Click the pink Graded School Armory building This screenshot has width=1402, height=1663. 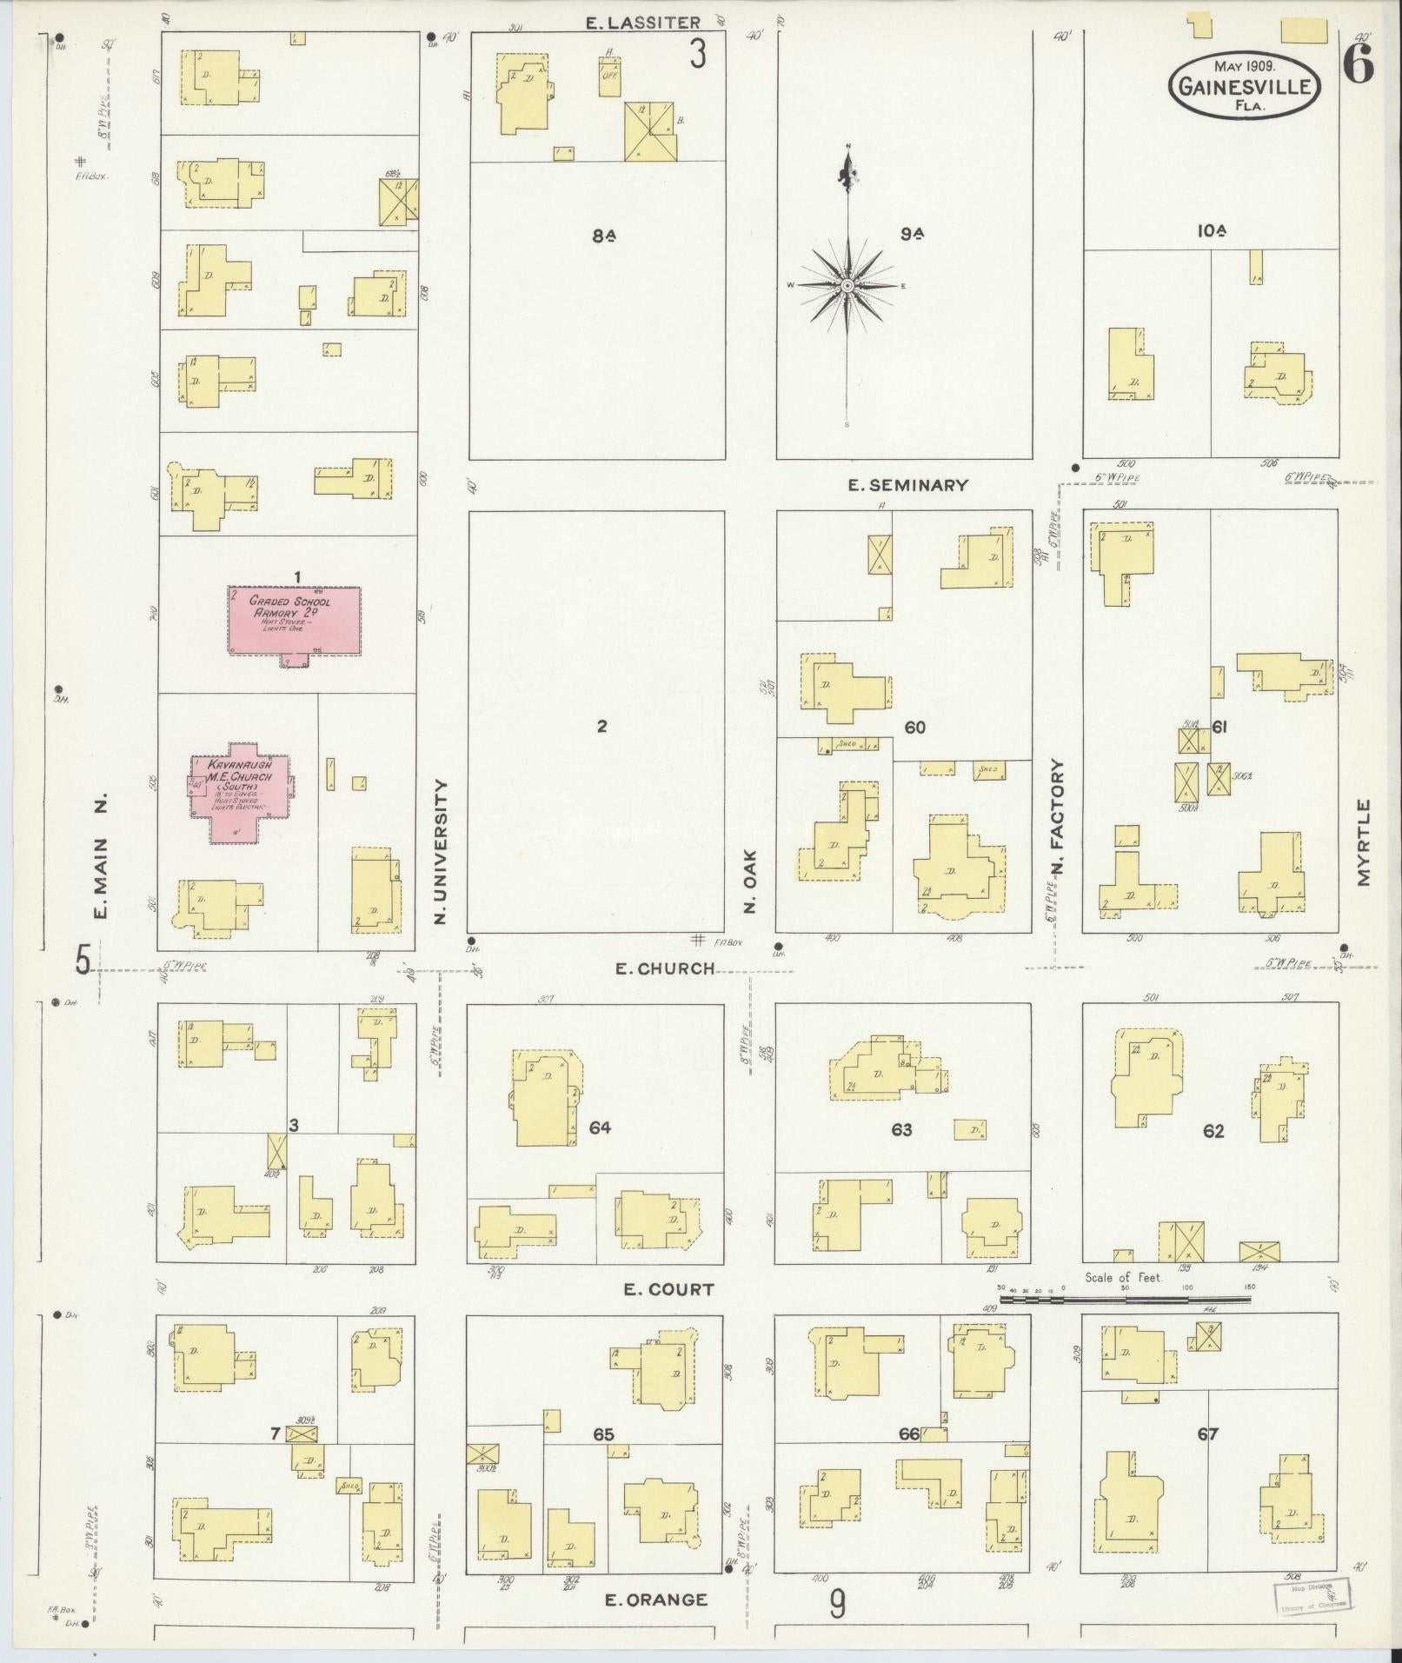click(294, 621)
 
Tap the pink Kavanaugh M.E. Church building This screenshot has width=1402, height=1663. click(241, 791)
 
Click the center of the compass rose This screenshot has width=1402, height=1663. click(847, 285)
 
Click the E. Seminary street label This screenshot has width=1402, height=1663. click(907, 485)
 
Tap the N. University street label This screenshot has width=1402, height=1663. click(441, 851)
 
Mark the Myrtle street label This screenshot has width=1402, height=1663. click(1362, 843)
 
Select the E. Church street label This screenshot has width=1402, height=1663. click(664, 968)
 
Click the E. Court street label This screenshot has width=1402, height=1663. click(668, 1289)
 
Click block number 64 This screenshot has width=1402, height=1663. click(600, 1128)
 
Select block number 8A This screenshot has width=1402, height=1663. click(605, 235)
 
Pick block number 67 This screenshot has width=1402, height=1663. click(1207, 1434)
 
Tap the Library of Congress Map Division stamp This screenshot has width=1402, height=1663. click(1312, 1597)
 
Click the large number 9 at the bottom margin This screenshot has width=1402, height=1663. click(836, 1604)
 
